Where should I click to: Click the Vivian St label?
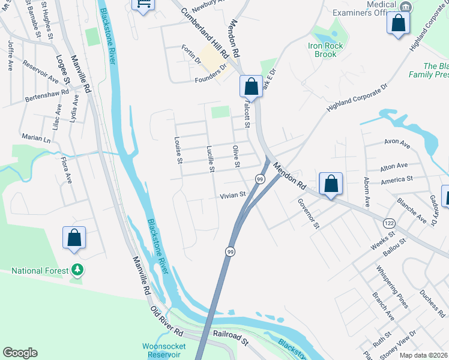click(233, 195)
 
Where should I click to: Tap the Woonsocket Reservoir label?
click(163, 350)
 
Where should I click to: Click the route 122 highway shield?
click(388, 223)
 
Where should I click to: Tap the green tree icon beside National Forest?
click(76, 269)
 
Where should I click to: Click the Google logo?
click(20, 353)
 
